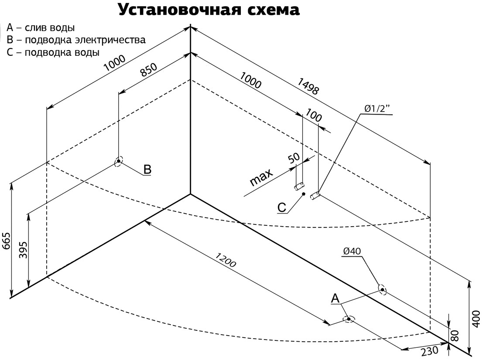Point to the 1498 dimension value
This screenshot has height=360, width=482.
click(308, 85)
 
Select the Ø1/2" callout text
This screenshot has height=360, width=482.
click(375, 108)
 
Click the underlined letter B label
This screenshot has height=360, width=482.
click(147, 169)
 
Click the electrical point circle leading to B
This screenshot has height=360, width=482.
click(118, 162)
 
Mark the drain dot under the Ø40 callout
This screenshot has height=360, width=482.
click(382, 289)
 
